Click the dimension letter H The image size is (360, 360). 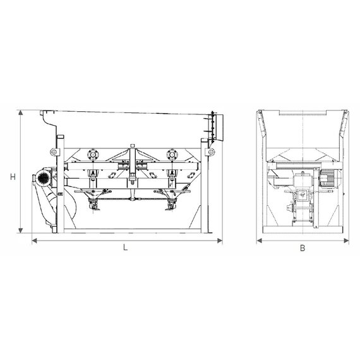click(x=13, y=177)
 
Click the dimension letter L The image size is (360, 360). click(x=125, y=248)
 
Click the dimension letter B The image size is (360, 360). click(x=303, y=248)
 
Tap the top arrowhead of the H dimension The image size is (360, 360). click(x=21, y=112)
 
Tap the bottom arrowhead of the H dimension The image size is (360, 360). click(x=21, y=231)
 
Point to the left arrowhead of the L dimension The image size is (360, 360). click(x=35, y=241)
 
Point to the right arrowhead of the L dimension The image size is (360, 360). click(x=220, y=241)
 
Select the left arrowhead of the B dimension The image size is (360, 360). click(x=259, y=241)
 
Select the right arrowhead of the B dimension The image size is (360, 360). click(x=346, y=241)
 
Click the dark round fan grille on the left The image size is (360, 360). click(x=43, y=177)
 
